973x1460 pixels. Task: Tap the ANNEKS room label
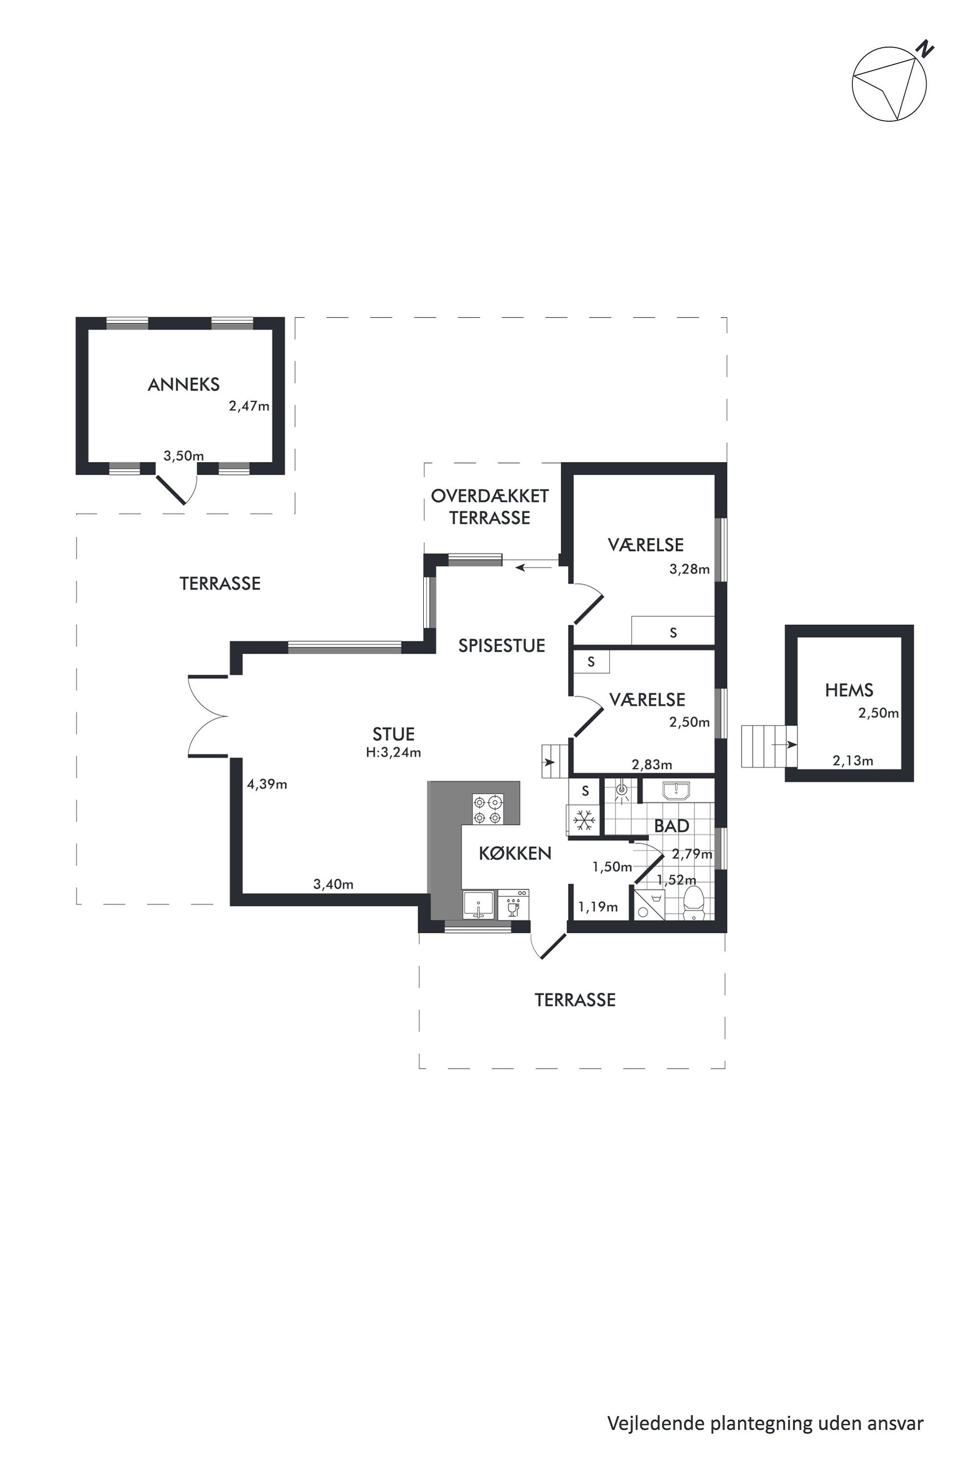click(184, 385)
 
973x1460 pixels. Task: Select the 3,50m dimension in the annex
click(184, 456)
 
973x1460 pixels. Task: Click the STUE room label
click(393, 734)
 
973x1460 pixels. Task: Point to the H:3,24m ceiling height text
click(393, 753)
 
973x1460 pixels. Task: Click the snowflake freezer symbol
click(583, 820)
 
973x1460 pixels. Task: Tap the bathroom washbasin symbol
click(676, 791)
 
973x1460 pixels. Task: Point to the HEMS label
click(849, 690)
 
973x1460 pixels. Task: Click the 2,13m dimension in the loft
click(853, 760)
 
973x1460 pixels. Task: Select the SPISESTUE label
click(501, 646)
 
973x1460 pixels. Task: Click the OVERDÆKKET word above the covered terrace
click(489, 496)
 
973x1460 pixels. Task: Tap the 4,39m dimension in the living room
click(267, 784)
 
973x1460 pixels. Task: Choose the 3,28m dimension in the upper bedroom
click(690, 569)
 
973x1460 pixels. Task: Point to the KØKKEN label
click(515, 854)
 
